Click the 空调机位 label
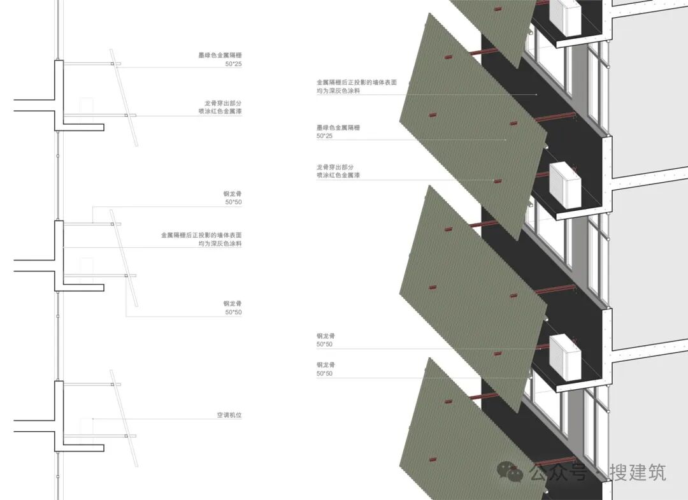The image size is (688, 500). click(229, 415)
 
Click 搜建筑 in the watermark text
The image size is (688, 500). click(637, 472)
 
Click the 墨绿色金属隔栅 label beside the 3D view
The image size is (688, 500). click(338, 128)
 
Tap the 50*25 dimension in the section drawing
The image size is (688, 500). click(233, 64)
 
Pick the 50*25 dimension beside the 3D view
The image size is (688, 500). click(325, 136)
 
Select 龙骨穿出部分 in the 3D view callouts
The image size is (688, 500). click(338, 166)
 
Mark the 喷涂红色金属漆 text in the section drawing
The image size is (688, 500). click(220, 111)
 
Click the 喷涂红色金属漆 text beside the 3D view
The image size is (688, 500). click(338, 175)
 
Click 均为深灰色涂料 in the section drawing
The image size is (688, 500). click(220, 244)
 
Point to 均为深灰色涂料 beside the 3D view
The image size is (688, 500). click(338, 91)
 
